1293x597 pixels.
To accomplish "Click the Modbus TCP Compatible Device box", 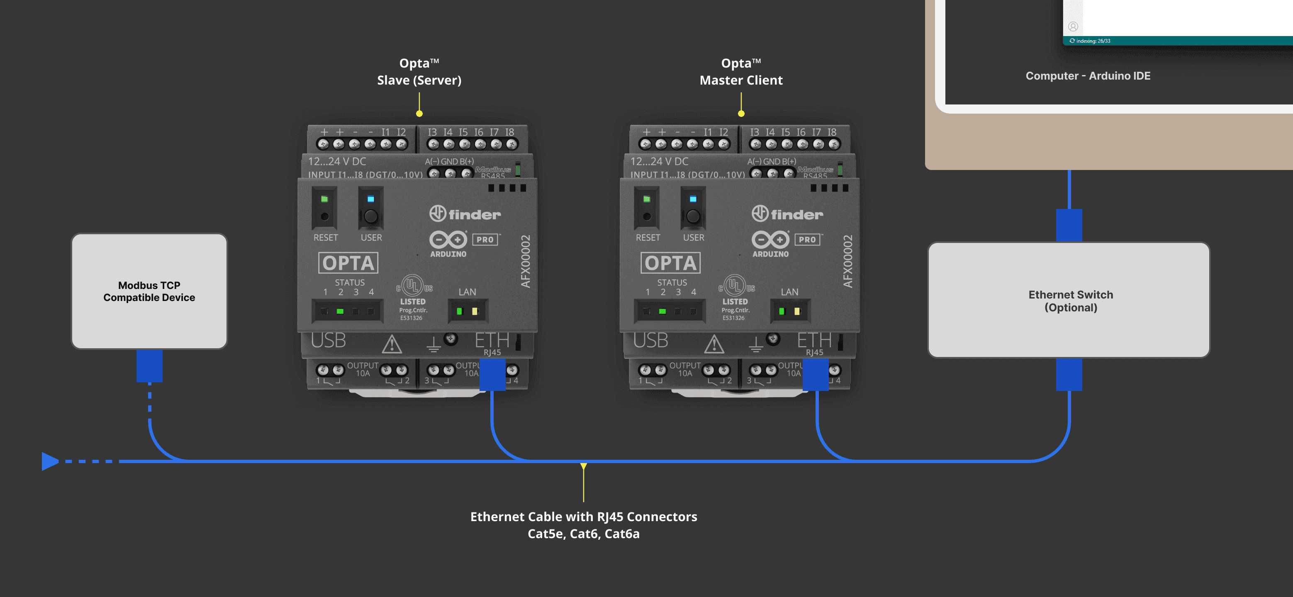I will [x=149, y=291].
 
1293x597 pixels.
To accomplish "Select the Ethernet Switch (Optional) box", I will [x=1070, y=301].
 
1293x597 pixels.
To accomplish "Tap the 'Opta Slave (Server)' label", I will [x=419, y=72].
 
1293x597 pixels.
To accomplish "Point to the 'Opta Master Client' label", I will [x=741, y=72].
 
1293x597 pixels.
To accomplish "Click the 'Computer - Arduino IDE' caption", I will [x=1088, y=76].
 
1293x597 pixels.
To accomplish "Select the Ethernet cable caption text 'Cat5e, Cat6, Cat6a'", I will [x=583, y=534].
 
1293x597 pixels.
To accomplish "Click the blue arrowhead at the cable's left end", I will [x=49, y=461].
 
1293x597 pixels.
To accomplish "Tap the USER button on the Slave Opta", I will [x=370, y=217].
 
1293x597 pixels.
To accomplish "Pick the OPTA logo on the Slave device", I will [x=348, y=263].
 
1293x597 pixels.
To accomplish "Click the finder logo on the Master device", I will [x=787, y=214].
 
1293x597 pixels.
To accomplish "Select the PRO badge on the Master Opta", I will [x=807, y=240].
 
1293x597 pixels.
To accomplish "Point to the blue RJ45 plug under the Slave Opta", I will [x=492, y=375].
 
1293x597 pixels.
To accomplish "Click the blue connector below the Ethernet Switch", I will [x=1069, y=375].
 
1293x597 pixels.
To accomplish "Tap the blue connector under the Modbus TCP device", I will [x=149, y=366].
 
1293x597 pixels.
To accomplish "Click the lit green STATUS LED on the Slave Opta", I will [x=340, y=311].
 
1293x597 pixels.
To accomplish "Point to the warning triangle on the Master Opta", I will [x=714, y=344].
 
